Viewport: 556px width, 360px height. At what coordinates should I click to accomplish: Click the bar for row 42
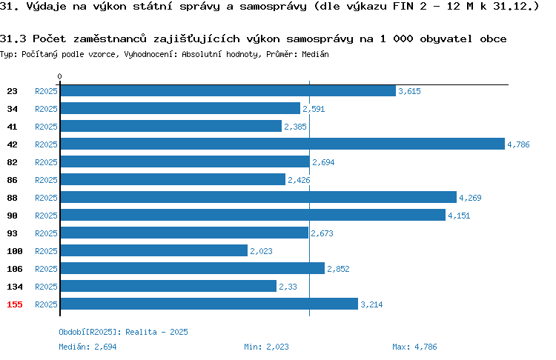coord(282,144)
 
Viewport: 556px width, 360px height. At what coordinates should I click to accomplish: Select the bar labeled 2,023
coord(154,250)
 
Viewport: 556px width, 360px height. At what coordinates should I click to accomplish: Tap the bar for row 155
coord(209,304)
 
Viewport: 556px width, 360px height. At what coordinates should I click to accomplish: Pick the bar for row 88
coord(259,197)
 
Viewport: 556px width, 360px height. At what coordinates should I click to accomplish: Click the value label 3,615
coord(409,91)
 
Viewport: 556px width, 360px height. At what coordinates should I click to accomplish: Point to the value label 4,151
coord(459,216)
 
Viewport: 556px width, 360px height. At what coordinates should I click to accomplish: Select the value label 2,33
coord(288,287)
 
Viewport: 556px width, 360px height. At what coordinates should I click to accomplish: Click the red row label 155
coord(15,304)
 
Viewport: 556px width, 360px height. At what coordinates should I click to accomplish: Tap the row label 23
coord(12,91)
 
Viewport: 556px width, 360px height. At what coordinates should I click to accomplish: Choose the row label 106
coord(15,269)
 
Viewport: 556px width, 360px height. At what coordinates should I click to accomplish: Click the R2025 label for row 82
coord(46,162)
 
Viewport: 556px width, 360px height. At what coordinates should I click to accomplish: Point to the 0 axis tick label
coord(59,76)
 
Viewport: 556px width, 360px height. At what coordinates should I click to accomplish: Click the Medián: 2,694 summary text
coord(87,347)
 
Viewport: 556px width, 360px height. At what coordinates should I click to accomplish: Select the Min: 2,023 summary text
coord(266,347)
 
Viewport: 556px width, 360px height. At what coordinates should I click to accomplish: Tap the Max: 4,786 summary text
coord(414,347)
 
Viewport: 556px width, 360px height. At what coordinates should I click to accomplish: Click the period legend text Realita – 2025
coord(156,332)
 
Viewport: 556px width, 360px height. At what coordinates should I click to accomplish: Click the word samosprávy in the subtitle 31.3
coord(320,39)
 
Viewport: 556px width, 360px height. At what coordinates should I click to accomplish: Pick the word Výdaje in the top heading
coord(47,7)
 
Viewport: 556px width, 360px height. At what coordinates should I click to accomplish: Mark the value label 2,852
coord(338,269)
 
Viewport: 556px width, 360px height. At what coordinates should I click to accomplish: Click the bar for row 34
coord(180,108)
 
